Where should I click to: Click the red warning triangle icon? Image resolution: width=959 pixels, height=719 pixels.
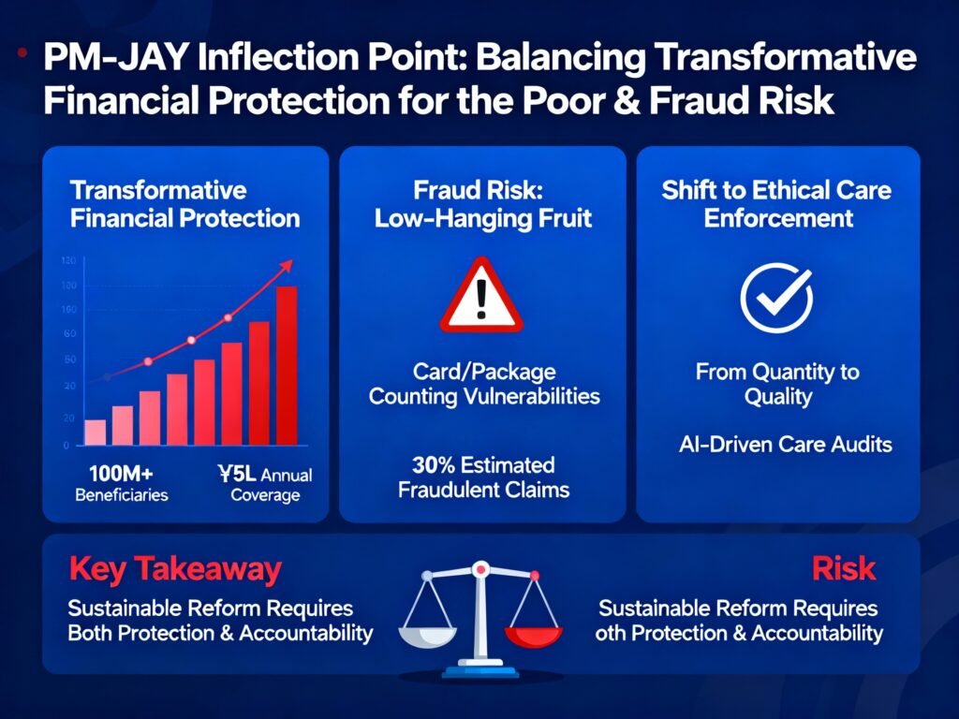pos(481,296)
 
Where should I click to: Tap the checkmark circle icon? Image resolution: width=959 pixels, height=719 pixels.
pos(776,298)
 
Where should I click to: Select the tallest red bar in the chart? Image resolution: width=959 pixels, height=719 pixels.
pos(287,366)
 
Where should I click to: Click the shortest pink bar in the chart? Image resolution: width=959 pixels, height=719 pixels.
pos(95,433)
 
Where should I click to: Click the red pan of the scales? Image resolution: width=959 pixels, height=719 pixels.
pos(533,637)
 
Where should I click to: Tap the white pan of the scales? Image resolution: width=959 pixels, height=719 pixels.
pos(427,637)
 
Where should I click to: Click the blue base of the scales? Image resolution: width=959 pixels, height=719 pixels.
pos(480,670)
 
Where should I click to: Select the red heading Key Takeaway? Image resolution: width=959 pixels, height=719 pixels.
pos(175,569)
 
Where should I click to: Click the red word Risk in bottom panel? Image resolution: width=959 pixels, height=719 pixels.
pos(844,568)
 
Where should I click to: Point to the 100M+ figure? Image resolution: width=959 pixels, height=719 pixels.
pos(121,474)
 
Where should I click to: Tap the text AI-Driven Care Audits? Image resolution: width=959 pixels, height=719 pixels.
pos(786,445)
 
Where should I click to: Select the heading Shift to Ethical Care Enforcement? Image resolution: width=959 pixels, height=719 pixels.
pos(776,204)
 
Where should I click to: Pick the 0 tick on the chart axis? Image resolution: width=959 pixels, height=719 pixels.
pos(66,446)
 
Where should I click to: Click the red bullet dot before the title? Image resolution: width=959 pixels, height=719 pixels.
pos(22,52)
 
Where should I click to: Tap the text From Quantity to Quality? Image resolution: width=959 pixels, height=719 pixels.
pos(777,384)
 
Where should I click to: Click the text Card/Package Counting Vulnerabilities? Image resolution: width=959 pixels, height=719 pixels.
pos(484,384)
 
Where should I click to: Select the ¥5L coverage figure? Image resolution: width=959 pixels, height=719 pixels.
pos(237,474)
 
